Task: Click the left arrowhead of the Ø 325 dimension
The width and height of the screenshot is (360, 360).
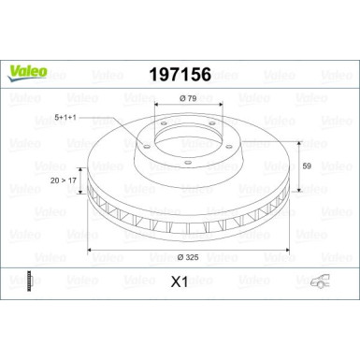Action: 90,251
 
